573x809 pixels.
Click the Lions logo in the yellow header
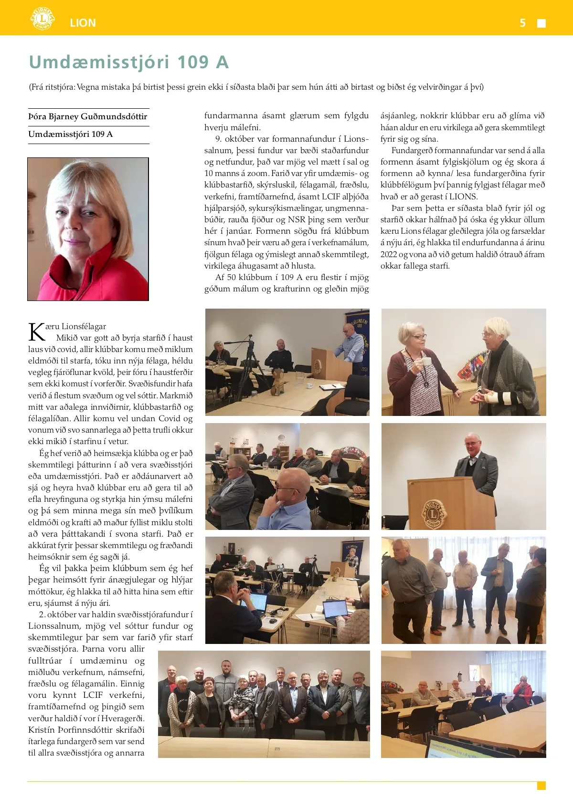coord(42,19)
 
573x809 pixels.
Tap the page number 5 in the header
coord(523,23)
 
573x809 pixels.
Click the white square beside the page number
coord(541,23)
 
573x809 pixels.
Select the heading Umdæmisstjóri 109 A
coord(129,62)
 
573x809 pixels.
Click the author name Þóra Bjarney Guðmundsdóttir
coord(88,116)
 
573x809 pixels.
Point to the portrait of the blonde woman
coord(88,229)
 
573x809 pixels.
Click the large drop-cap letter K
coord(37,332)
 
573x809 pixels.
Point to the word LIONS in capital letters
coord(463,197)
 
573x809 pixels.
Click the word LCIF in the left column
coord(93,695)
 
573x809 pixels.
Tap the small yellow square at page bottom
coord(541,786)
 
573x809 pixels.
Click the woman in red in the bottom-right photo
coord(524,689)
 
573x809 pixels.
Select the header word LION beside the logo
coord(83,23)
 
